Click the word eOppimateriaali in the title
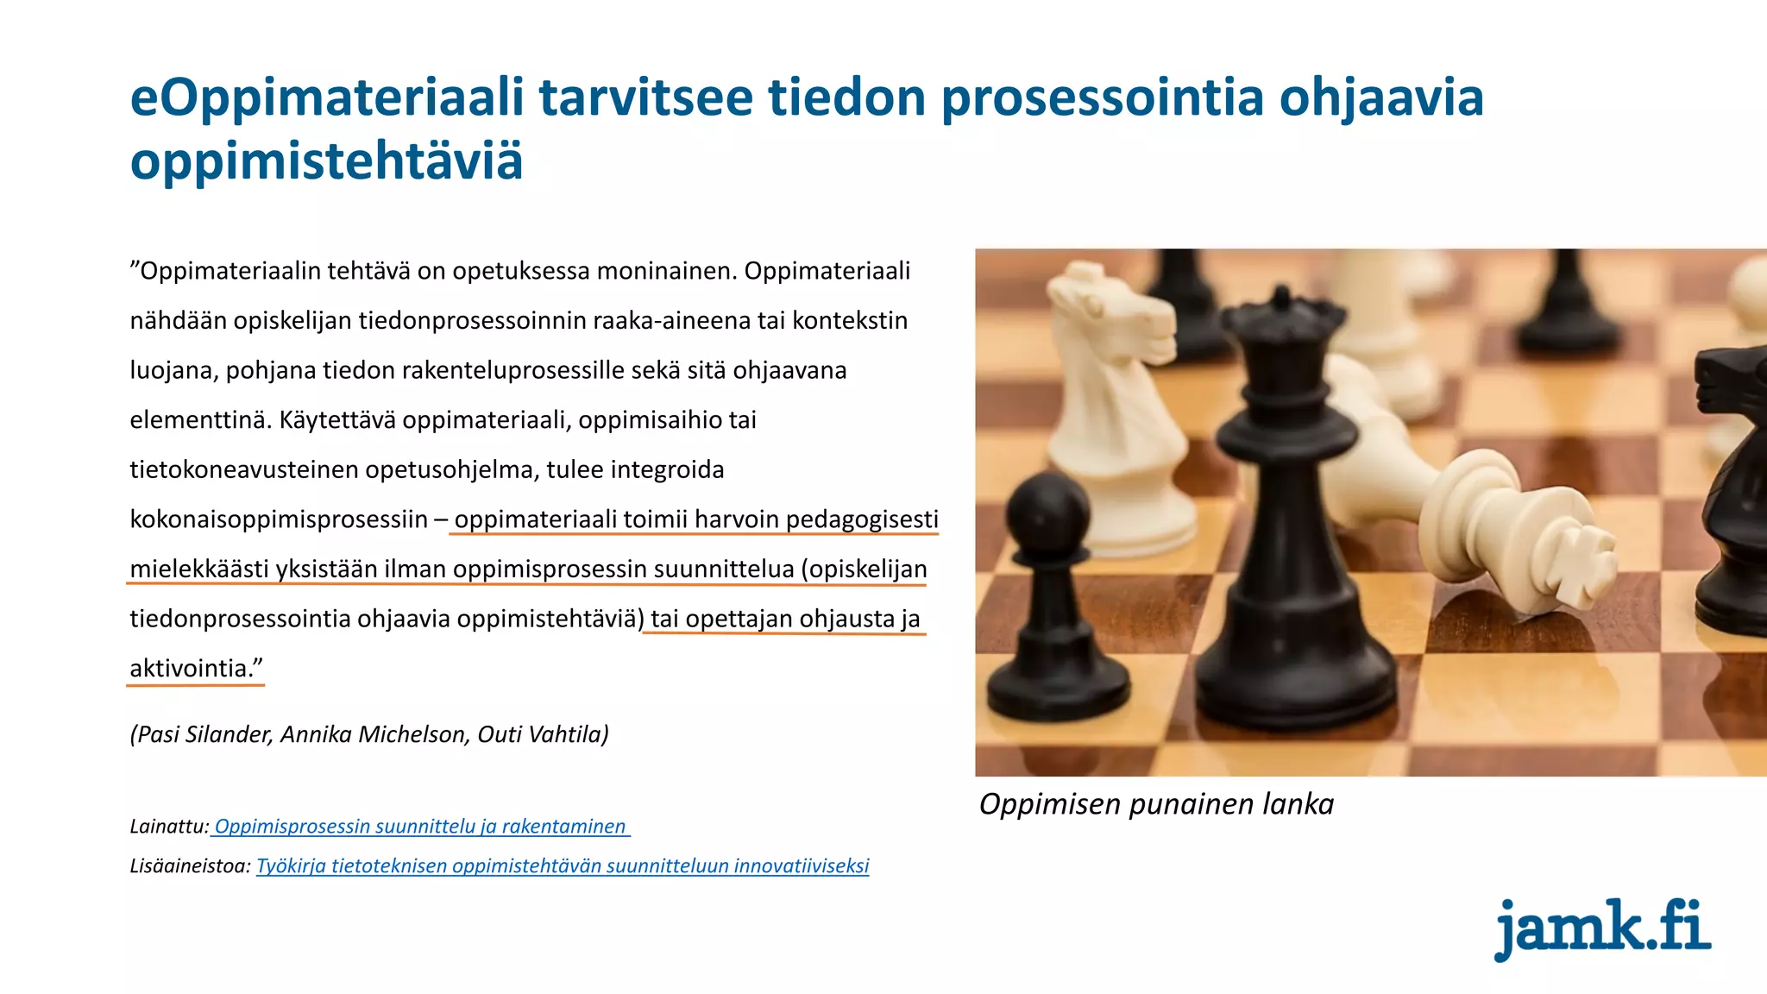[x=326, y=98]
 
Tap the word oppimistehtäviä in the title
[x=326, y=161]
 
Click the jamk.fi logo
[x=1601, y=929]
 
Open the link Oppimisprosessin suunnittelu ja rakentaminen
[x=420, y=827]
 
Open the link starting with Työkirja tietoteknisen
[x=563, y=866]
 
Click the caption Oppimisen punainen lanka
[x=1156, y=804]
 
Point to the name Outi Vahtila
[x=543, y=734]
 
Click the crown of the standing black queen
[x=1282, y=315]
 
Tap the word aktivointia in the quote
[x=189, y=669]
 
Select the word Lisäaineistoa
[x=189, y=866]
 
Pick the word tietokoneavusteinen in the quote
[x=244, y=470]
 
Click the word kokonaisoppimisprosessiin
[x=279, y=519]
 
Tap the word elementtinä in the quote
[x=198, y=420]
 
